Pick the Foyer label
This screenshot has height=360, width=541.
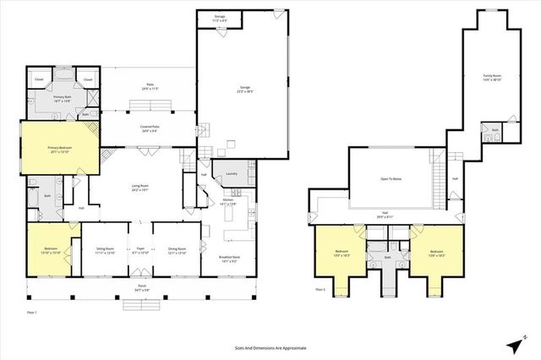point(140,249)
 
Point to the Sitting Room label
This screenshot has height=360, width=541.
point(104,249)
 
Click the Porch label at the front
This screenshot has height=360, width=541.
point(142,288)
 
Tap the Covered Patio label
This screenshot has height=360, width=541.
point(149,128)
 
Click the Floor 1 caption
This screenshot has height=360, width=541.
point(32,313)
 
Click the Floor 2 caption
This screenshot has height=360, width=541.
point(320,290)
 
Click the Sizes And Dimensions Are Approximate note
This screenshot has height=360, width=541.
point(270,347)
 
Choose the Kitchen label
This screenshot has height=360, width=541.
point(228,204)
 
